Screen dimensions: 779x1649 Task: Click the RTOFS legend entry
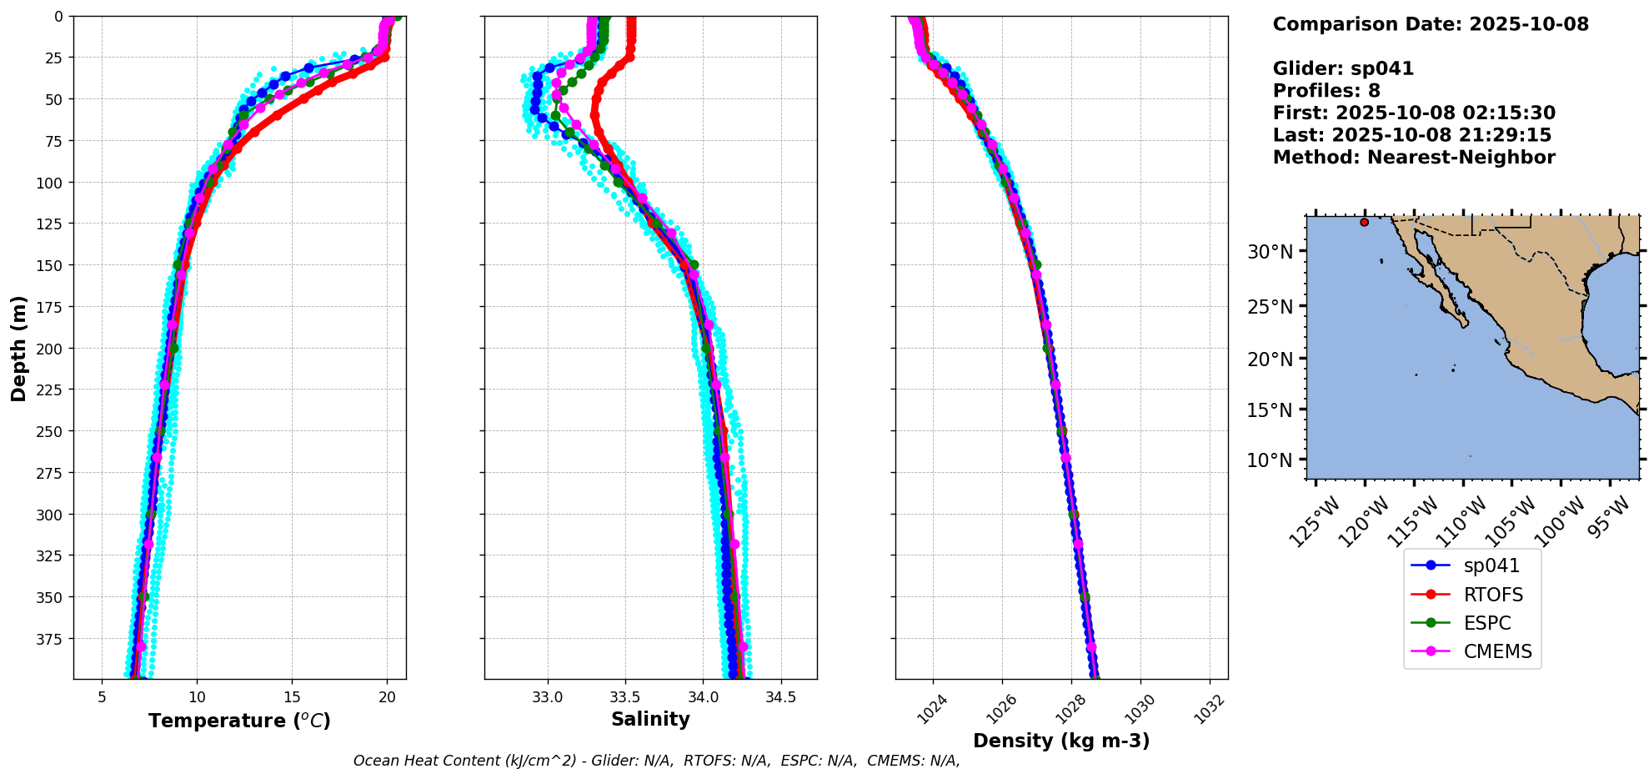pos(1492,595)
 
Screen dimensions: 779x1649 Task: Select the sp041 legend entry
pos(1491,565)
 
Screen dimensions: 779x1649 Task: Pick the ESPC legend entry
pos(1486,623)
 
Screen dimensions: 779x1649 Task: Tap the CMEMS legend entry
pos(1497,651)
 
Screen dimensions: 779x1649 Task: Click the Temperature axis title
pos(239,721)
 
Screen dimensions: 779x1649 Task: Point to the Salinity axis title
pos(650,719)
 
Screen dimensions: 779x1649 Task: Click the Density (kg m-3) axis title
pos(1061,741)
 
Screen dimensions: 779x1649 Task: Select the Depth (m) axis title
pos(18,348)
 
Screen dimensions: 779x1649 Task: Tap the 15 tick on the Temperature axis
pos(292,697)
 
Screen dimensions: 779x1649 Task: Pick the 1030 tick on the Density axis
pos(1140,709)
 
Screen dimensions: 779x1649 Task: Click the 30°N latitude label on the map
pos(1270,252)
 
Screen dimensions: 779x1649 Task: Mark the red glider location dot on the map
pos(1364,222)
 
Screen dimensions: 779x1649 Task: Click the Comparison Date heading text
pos(1431,24)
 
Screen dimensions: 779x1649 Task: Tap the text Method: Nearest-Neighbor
pos(1414,158)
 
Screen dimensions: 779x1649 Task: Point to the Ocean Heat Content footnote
pos(656,761)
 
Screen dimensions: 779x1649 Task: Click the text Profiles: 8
pos(1326,91)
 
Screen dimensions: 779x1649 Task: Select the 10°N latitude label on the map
pos(1270,460)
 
